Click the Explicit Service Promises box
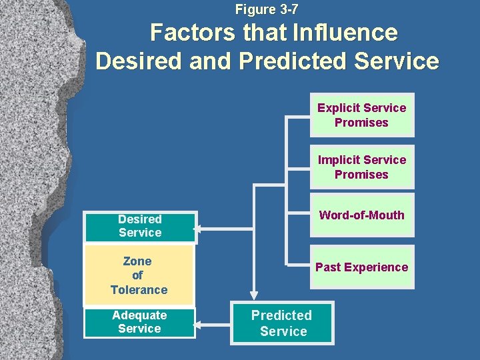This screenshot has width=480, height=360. [361, 115]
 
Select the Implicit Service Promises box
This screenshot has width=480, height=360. [361, 167]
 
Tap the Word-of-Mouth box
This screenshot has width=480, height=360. [361, 215]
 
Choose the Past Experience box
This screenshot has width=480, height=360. [361, 267]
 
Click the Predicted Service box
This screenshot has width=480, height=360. [282, 323]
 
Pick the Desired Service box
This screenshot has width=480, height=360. [140, 226]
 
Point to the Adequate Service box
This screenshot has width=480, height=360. [139, 322]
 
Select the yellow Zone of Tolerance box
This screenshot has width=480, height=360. [139, 275]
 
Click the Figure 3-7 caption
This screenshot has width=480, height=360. [267, 9]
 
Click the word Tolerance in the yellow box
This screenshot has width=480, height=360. [139, 290]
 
